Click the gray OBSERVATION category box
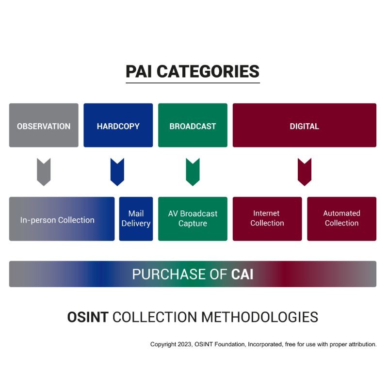click(44, 125)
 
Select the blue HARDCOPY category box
click(118, 125)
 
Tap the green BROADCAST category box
click(193, 125)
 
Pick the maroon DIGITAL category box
click(304, 125)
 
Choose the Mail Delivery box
click(136, 219)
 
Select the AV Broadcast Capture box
click(193, 219)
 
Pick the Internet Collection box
click(267, 219)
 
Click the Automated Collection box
click(341, 219)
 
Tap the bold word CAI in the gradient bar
click(242, 274)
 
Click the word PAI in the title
click(139, 71)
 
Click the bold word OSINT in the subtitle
click(88, 317)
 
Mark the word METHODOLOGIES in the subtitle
click(260, 317)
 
